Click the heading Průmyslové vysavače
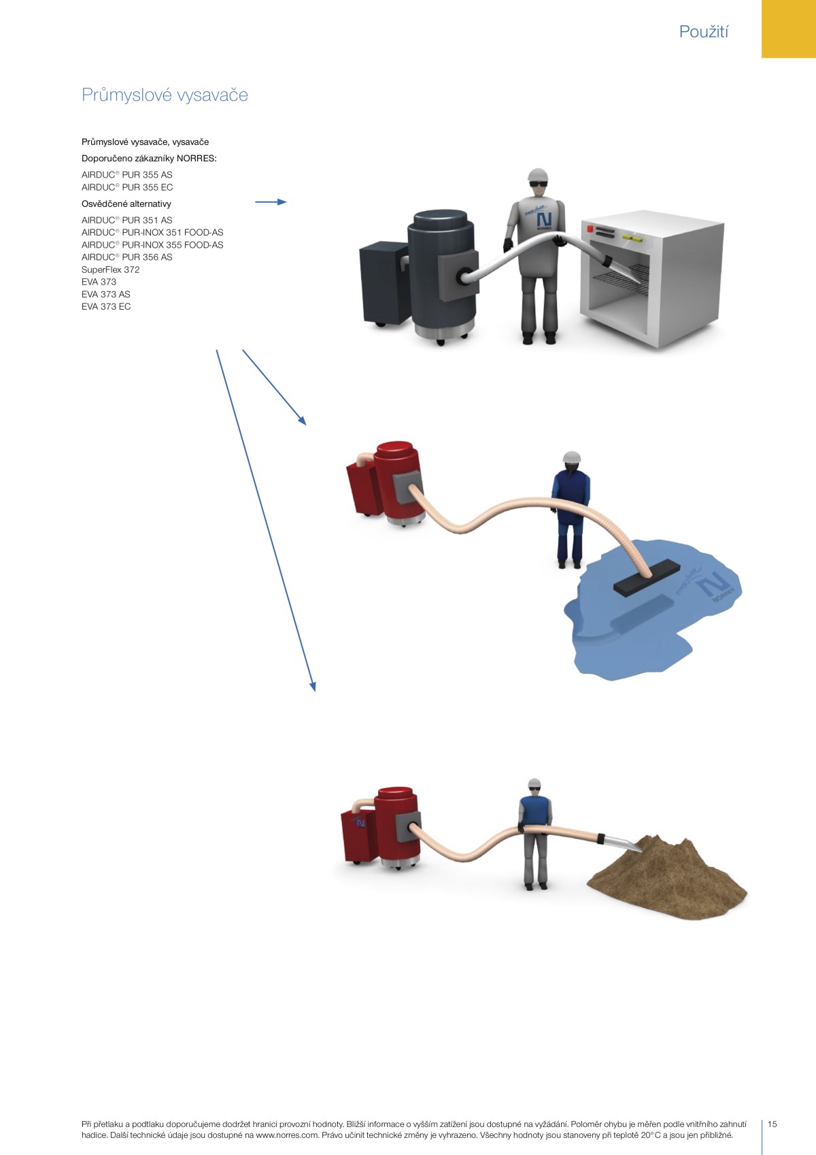pyautogui.click(x=165, y=95)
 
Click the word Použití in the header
pyautogui.click(x=703, y=31)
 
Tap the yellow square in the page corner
pyautogui.click(x=789, y=29)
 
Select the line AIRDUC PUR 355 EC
pyautogui.click(x=127, y=187)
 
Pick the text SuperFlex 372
pyautogui.click(x=110, y=270)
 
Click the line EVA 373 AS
pyautogui.click(x=105, y=295)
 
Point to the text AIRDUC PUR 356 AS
pyautogui.click(x=126, y=257)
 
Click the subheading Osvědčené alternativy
pyautogui.click(x=126, y=204)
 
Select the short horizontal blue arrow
pyautogui.click(x=271, y=202)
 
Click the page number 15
pyautogui.click(x=772, y=1124)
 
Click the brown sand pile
pyautogui.click(x=667, y=877)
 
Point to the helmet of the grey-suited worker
pyautogui.click(x=537, y=175)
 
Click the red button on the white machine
pyautogui.click(x=590, y=229)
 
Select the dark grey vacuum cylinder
pyautogui.click(x=441, y=274)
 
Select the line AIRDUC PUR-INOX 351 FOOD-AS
pyautogui.click(x=152, y=233)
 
